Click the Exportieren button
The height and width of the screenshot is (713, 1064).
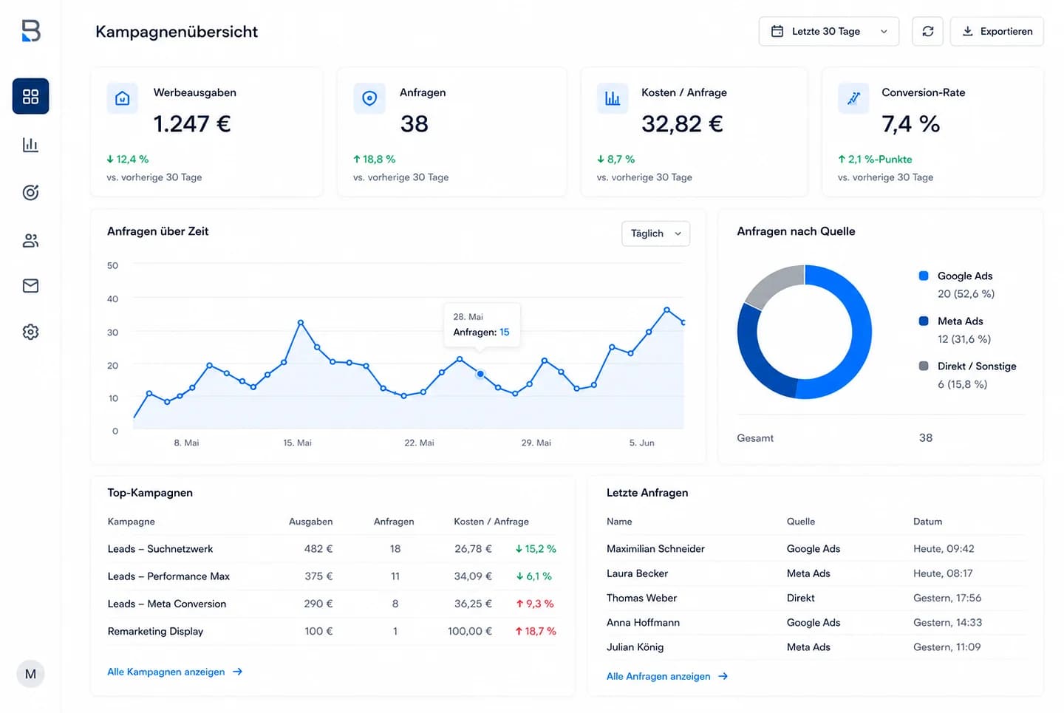pos(997,31)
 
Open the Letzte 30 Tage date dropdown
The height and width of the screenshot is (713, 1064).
pos(829,31)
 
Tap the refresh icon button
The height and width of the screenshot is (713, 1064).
pos(928,31)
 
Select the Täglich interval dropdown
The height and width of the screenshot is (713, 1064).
pos(655,233)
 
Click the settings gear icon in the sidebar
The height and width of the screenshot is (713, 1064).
pos(30,332)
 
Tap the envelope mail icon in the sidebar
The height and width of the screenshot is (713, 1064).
pos(30,285)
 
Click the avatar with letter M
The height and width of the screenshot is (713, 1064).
pos(30,674)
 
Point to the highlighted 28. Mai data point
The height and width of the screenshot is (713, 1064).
pos(480,374)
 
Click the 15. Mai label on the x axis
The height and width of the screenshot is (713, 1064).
pos(297,443)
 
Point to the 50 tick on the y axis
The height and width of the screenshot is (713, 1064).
pos(112,265)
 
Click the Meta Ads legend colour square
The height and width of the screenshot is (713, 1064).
pos(924,321)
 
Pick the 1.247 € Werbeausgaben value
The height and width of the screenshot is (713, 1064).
pos(192,124)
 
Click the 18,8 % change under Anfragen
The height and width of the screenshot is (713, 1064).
pos(375,159)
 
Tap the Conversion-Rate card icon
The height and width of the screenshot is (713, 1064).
pos(853,98)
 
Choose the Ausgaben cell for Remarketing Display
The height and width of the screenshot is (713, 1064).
pos(318,631)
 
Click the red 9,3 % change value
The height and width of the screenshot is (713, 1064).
pos(535,604)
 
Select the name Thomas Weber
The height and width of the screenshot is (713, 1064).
pos(641,598)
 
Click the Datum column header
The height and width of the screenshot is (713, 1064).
pos(927,522)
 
